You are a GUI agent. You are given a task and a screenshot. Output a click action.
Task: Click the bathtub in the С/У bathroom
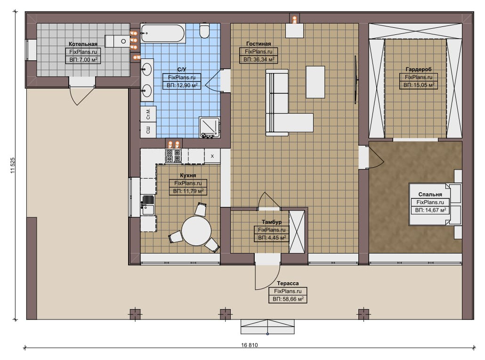click(163, 33)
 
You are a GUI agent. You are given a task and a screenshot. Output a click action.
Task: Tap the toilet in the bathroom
click(204, 30)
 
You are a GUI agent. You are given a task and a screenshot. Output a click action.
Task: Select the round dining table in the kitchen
click(196, 230)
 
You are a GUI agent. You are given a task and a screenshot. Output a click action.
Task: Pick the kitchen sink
click(148, 205)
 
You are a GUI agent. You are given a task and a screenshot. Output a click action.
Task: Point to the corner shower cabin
click(210, 127)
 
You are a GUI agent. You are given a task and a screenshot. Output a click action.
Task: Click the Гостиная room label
click(259, 44)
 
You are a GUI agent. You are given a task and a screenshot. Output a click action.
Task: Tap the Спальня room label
click(430, 195)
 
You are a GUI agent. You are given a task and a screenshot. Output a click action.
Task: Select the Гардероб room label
click(419, 69)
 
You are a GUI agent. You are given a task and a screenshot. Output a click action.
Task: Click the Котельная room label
click(83, 44)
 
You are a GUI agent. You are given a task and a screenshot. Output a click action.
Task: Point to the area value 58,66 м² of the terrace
click(288, 299)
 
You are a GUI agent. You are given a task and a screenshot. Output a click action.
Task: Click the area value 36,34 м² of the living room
click(259, 59)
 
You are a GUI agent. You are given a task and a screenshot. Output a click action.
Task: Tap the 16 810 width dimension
click(249, 345)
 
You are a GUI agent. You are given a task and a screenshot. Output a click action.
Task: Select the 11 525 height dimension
click(13, 165)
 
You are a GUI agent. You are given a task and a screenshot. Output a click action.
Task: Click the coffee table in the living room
click(315, 82)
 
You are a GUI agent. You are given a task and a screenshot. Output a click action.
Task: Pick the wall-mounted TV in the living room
click(356, 80)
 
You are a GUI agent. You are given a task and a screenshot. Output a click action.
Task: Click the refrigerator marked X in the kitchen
click(212, 156)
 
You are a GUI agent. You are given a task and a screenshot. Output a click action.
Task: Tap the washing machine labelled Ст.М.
click(148, 114)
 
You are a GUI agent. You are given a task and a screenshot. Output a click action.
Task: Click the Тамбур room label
click(272, 222)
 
